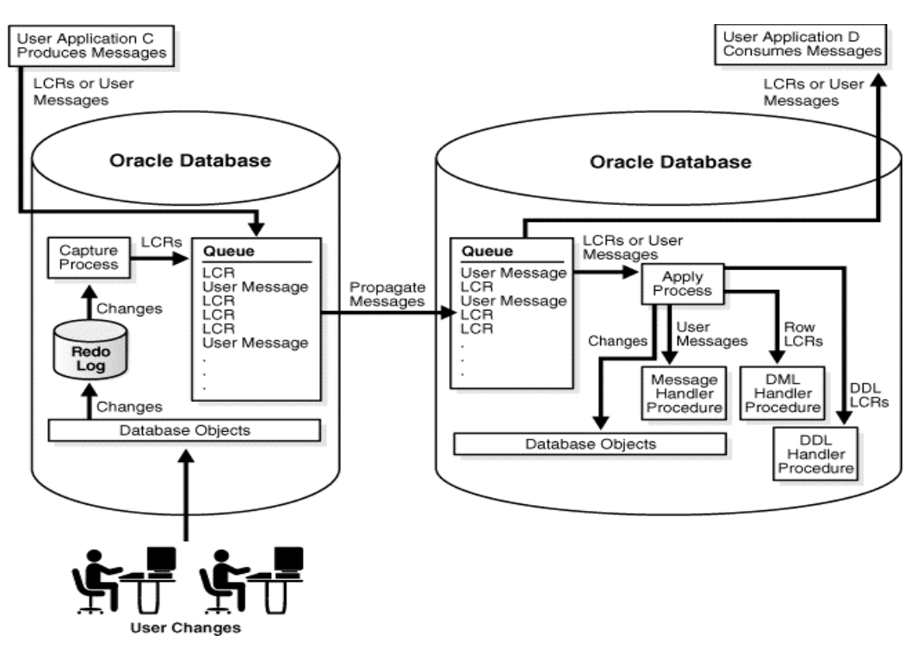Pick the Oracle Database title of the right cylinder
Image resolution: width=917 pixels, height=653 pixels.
tap(671, 162)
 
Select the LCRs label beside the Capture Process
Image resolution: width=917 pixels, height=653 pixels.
tap(158, 242)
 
